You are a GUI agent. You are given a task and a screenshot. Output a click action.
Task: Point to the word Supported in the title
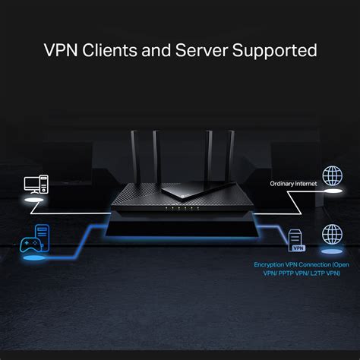[x=275, y=51]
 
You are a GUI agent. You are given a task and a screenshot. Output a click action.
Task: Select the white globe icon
[x=331, y=177]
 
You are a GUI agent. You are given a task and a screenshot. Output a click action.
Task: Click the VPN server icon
[x=296, y=239]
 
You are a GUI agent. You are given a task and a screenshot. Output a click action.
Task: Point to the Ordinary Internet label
[x=294, y=184]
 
